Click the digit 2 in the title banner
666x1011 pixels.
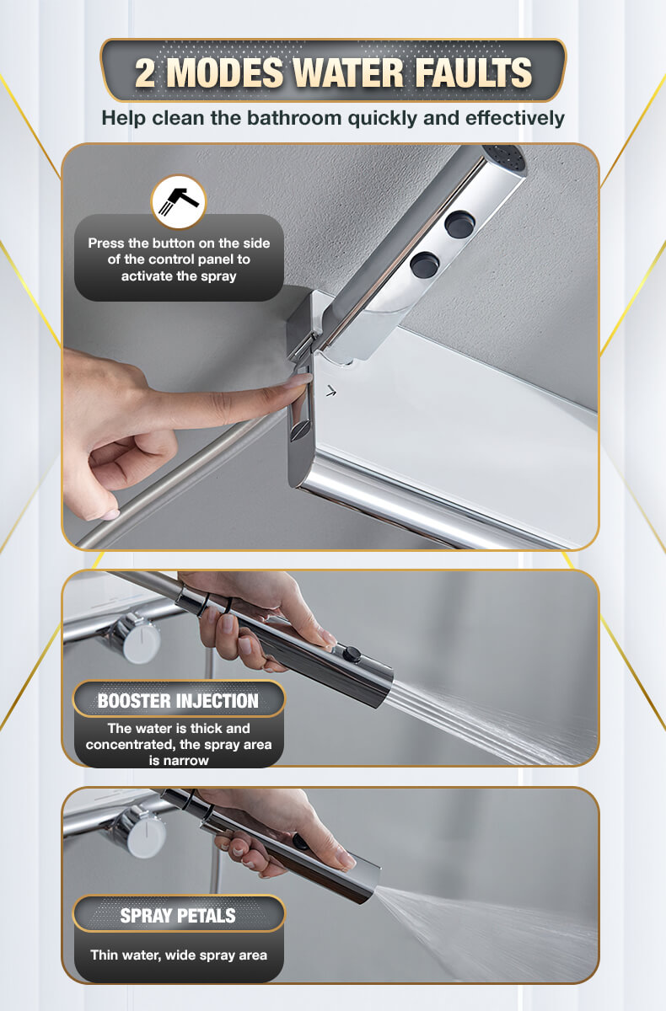145,72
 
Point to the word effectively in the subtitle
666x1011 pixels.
515,118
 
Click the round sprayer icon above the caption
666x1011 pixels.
179,201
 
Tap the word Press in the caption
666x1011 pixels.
105,243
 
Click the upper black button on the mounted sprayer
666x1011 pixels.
459,224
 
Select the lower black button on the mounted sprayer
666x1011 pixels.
425,265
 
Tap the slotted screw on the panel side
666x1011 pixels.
300,431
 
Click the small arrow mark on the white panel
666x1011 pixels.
331,391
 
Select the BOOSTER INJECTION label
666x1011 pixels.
179,700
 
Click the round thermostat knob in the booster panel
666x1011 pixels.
135,637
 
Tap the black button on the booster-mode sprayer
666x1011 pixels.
352,654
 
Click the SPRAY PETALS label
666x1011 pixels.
179,915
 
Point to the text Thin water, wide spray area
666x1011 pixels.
179,955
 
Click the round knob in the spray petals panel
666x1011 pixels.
140,832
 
